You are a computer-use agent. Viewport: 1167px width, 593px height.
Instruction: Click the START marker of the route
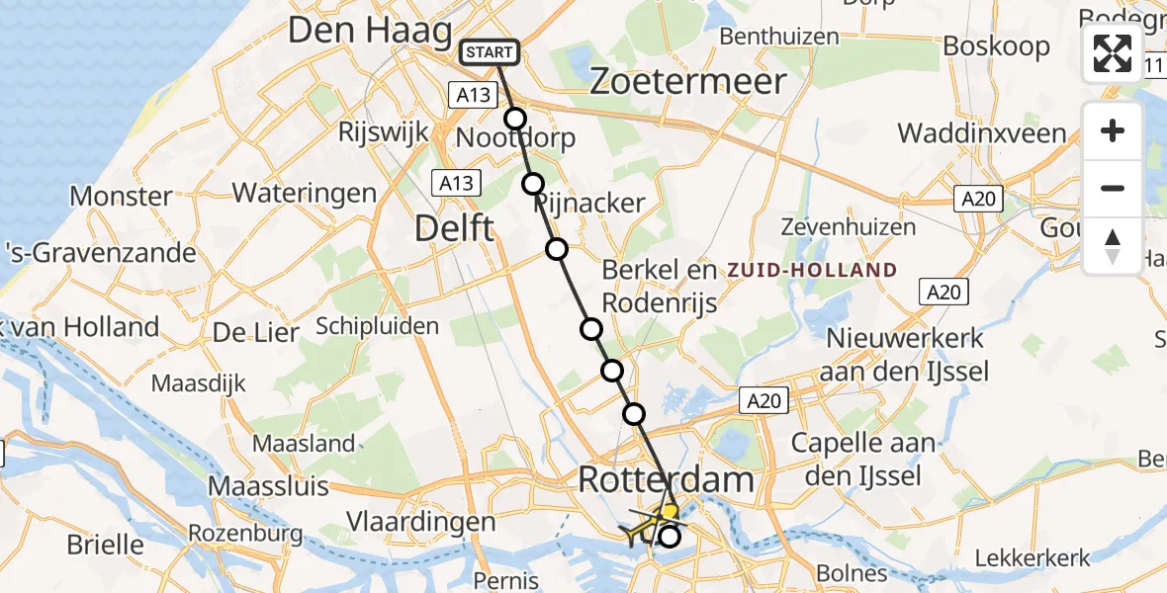[489, 51]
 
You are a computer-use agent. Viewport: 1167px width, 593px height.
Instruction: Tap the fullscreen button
[1113, 53]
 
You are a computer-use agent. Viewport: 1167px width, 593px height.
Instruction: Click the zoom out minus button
[1113, 188]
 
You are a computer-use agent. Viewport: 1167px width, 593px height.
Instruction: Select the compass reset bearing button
[1113, 246]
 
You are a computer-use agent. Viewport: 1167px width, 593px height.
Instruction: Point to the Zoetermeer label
[687, 81]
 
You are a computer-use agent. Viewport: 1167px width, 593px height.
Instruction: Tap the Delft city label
[454, 229]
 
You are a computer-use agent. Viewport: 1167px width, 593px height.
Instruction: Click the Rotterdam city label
[666, 481]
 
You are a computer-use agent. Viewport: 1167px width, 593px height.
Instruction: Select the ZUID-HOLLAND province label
[812, 270]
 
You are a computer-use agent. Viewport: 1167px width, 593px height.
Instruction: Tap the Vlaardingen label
[420, 522]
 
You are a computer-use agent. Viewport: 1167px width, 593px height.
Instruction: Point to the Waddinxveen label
[981, 133]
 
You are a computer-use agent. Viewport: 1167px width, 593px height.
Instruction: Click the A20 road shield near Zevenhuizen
[979, 200]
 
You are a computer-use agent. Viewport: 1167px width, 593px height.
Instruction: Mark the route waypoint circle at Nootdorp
[515, 119]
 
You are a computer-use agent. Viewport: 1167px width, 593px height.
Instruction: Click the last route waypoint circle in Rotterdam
[670, 537]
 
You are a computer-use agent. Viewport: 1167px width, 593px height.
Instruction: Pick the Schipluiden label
[377, 325]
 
